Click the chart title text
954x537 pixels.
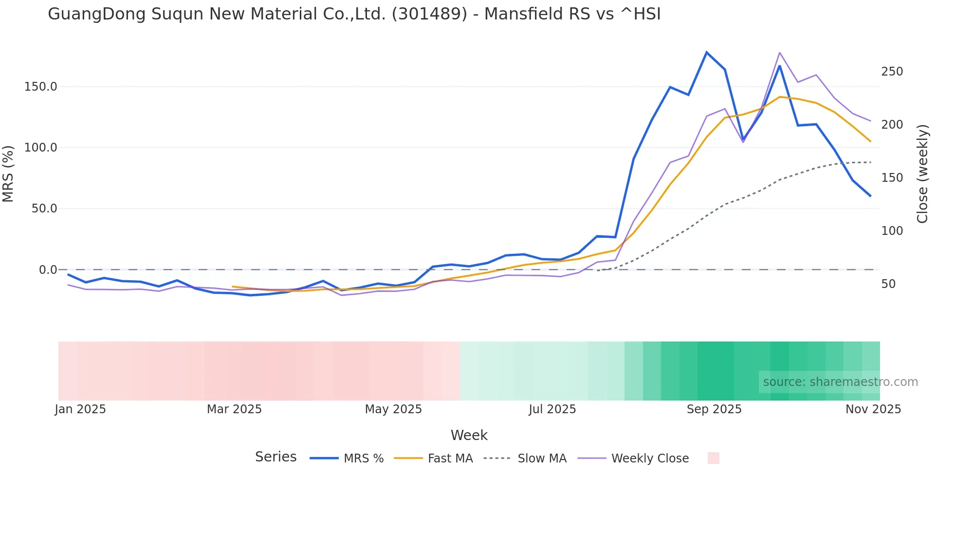(354, 14)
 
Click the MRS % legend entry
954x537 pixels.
(363, 459)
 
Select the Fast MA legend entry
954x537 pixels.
(450, 459)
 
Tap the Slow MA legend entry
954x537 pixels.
(542, 459)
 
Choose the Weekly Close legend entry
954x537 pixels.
(650, 459)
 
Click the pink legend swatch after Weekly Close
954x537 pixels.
(713, 458)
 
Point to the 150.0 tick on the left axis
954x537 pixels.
(41, 87)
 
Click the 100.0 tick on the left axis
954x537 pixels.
(41, 148)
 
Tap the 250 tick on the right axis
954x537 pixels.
(892, 72)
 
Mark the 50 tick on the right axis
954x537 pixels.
(888, 284)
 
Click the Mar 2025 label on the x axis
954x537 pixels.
(234, 409)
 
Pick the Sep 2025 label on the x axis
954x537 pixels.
(714, 409)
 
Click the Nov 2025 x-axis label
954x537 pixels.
(873, 409)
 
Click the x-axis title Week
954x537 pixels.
(469, 435)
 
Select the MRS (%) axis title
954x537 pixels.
(8, 173)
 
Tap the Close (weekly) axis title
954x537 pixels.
(922, 173)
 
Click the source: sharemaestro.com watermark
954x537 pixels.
(840, 382)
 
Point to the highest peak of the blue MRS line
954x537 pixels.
(706, 52)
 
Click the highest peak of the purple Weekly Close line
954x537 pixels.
(779, 53)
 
